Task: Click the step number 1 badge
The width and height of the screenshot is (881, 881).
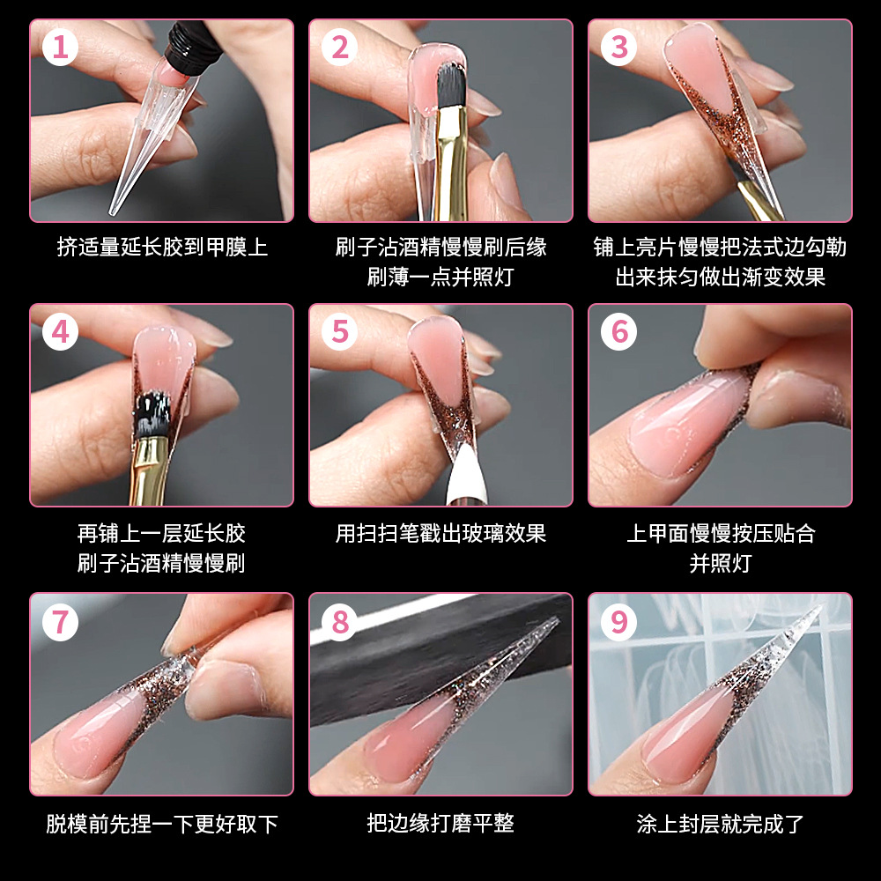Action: tap(60, 48)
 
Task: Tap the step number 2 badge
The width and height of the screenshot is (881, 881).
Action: tap(339, 48)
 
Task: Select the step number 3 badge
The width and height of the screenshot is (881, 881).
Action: tap(618, 48)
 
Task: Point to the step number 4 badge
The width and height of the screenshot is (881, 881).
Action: tap(60, 332)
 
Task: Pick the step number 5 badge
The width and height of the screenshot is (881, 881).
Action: tap(339, 332)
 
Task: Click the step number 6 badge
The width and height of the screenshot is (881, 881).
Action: tap(618, 332)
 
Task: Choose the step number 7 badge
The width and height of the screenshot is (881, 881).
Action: tap(60, 621)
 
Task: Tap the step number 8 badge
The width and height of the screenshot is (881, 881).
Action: tap(339, 621)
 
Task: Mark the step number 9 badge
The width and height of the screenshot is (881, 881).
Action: tap(618, 621)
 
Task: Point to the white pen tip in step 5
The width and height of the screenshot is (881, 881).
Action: tap(463, 471)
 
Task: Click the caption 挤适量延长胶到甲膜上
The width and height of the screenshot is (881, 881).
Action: tap(162, 248)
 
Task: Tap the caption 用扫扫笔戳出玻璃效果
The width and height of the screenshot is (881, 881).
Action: tap(440, 533)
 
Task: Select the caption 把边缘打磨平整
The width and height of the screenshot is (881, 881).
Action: tap(440, 824)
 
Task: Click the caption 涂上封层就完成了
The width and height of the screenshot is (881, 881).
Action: tap(720, 824)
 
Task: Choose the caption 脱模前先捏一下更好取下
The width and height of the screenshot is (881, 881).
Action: tap(162, 824)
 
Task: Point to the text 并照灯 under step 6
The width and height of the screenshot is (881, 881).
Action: tap(720, 563)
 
